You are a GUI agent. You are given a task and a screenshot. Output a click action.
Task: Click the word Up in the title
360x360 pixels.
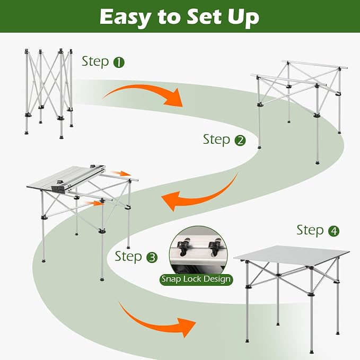[x=243, y=19]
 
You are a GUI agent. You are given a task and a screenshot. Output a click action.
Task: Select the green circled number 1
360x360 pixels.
[x=119, y=63]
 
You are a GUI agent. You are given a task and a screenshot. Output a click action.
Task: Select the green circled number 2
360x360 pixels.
[x=240, y=141]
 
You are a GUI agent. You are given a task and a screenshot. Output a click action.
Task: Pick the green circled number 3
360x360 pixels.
[x=152, y=257]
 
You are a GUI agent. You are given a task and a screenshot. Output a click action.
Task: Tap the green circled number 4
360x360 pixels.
[x=333, y=231]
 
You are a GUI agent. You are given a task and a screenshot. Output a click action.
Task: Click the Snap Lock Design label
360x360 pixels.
[x=196, y=279]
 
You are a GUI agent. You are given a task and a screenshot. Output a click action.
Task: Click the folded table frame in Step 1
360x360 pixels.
[x=49, y=94]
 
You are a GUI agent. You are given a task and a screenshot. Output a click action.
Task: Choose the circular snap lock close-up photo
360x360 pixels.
[x=198, y=250]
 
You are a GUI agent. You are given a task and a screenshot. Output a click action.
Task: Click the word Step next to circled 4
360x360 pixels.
[x=310, y=230]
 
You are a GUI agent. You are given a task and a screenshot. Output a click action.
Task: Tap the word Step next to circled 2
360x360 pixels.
[x=216, y=139]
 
